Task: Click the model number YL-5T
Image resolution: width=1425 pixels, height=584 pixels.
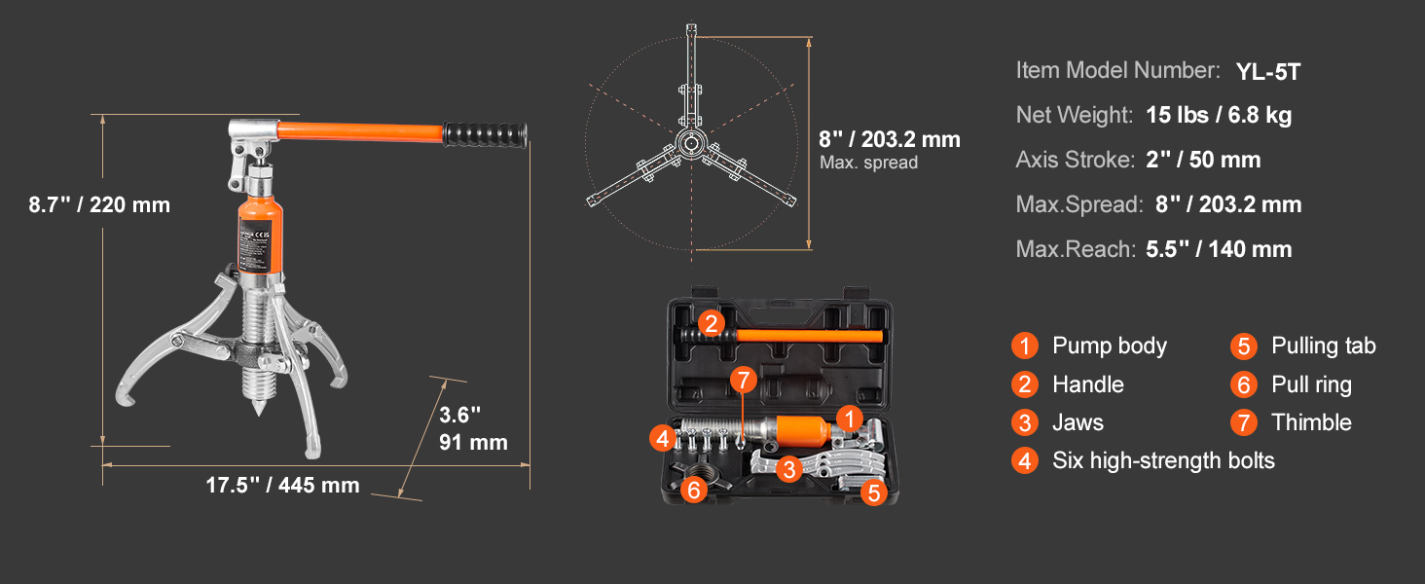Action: [1268, 71]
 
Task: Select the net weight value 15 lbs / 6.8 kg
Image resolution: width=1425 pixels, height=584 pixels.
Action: [1219, 115]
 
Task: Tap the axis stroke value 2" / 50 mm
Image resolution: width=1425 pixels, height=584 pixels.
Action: [1203, 160]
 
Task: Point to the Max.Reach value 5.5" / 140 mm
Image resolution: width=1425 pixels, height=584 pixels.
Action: [1219, 249]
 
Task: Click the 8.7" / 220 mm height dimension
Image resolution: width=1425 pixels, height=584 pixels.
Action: [99, 204]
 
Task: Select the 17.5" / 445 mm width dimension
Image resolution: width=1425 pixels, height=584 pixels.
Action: [282, 486]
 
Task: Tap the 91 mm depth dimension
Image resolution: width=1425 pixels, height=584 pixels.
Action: [473, 442]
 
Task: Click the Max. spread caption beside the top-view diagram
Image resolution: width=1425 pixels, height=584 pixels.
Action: [868, 163]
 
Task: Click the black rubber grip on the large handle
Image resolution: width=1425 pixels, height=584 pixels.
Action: [485, 135]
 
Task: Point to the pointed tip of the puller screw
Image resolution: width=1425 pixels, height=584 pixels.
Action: [258, 413]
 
